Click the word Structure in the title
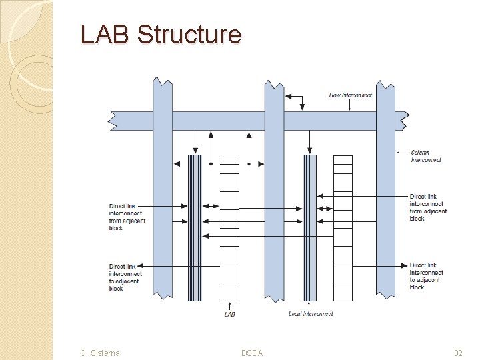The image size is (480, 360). point(189,34)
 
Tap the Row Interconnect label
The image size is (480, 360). point(350,95)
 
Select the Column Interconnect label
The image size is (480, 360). point(425,156)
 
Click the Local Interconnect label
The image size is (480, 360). point(311,313)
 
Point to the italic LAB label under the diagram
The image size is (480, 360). point(229,313)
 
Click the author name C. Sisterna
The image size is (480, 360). point(99,353)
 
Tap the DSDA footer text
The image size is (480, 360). point(251,353)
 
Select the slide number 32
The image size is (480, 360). point(458,353)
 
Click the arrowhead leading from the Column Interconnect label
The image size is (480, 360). point(399,153)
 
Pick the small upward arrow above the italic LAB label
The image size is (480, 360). point(229,305)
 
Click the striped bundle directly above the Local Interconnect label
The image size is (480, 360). point(309,227)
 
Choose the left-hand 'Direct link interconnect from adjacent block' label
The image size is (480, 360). point(127,217)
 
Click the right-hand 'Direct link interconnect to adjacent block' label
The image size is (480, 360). point(427,276)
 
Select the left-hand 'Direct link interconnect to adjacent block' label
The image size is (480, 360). point(126,277)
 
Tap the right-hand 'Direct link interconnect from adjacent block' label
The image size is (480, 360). point(427,207)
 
